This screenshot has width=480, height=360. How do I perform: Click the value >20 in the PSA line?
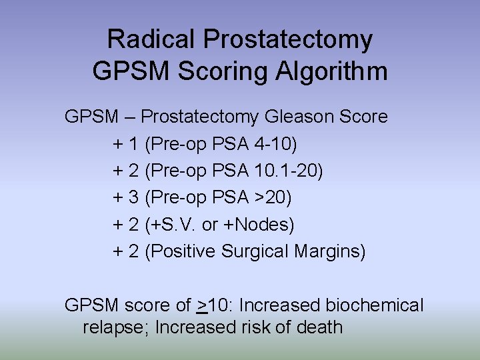(270, 198)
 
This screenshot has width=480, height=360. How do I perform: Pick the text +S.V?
(172, 225)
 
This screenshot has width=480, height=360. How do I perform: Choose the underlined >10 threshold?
(213, 306)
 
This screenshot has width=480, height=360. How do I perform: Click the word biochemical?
(374, 306)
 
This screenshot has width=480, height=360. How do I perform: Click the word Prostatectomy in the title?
(288, 40)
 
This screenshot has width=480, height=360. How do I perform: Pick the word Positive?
(184, 253)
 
